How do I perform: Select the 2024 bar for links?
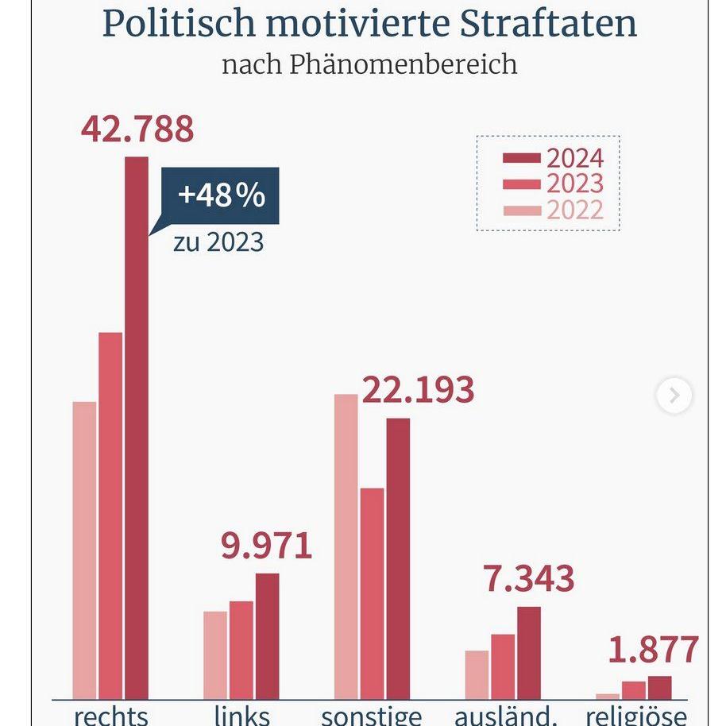click(268, 635)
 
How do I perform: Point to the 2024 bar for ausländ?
click(528, 652)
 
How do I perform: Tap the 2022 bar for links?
click(215, 655)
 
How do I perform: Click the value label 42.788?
click(137, 129)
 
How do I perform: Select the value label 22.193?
click(418, 390)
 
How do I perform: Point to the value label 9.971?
click(266, 546)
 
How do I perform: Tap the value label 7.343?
click(528, 579)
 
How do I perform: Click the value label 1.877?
click(654, 650)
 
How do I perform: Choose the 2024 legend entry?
click(554, 158)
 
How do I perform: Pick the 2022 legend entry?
click(554, 210)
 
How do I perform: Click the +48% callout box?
click(221, 195)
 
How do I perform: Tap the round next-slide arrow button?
click(674, 396)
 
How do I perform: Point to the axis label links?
click(242, 715)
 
